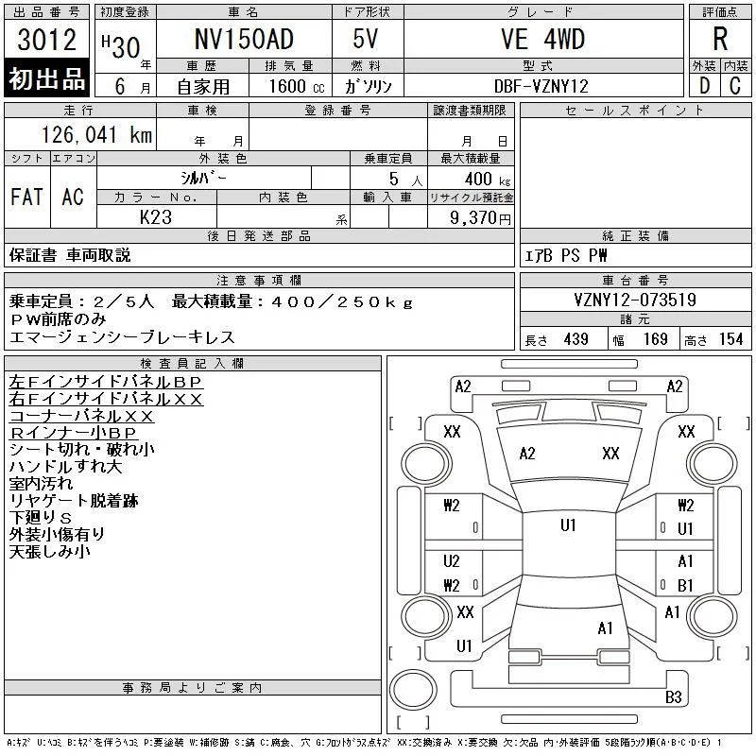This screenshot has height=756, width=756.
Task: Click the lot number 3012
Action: (x=46, y=40)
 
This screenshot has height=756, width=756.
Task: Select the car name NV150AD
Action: (x=244, y=39)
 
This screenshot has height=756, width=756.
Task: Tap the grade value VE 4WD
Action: (x=542, y=39)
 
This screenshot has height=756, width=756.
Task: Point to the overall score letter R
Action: (x=720, y=39)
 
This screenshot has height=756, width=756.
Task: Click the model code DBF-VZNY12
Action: (x=541, y=86)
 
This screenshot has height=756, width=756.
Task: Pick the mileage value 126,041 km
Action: (x=96, y=134)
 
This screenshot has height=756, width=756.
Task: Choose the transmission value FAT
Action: (x=26, y=197)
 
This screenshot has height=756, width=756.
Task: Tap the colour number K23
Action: (x=156, y=217)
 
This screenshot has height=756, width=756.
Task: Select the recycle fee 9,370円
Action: (x=480, y=218)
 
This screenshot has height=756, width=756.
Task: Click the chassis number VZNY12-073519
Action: (x=635, y=300)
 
